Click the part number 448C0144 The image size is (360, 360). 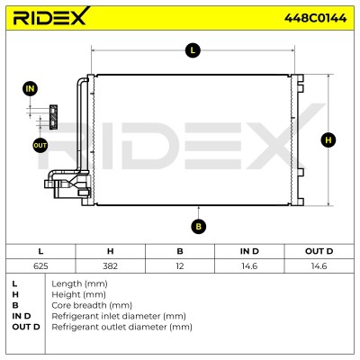point(315,18)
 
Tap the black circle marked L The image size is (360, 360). point(193,50)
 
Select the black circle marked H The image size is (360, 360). point(328,140)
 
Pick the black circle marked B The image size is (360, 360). point(198,226)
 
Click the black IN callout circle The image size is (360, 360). point(30,89)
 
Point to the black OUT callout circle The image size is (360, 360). point(40,146)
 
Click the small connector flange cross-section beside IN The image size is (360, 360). point(53,117)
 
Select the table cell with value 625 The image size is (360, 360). point(40,266)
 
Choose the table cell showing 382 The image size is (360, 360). point(110,266)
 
